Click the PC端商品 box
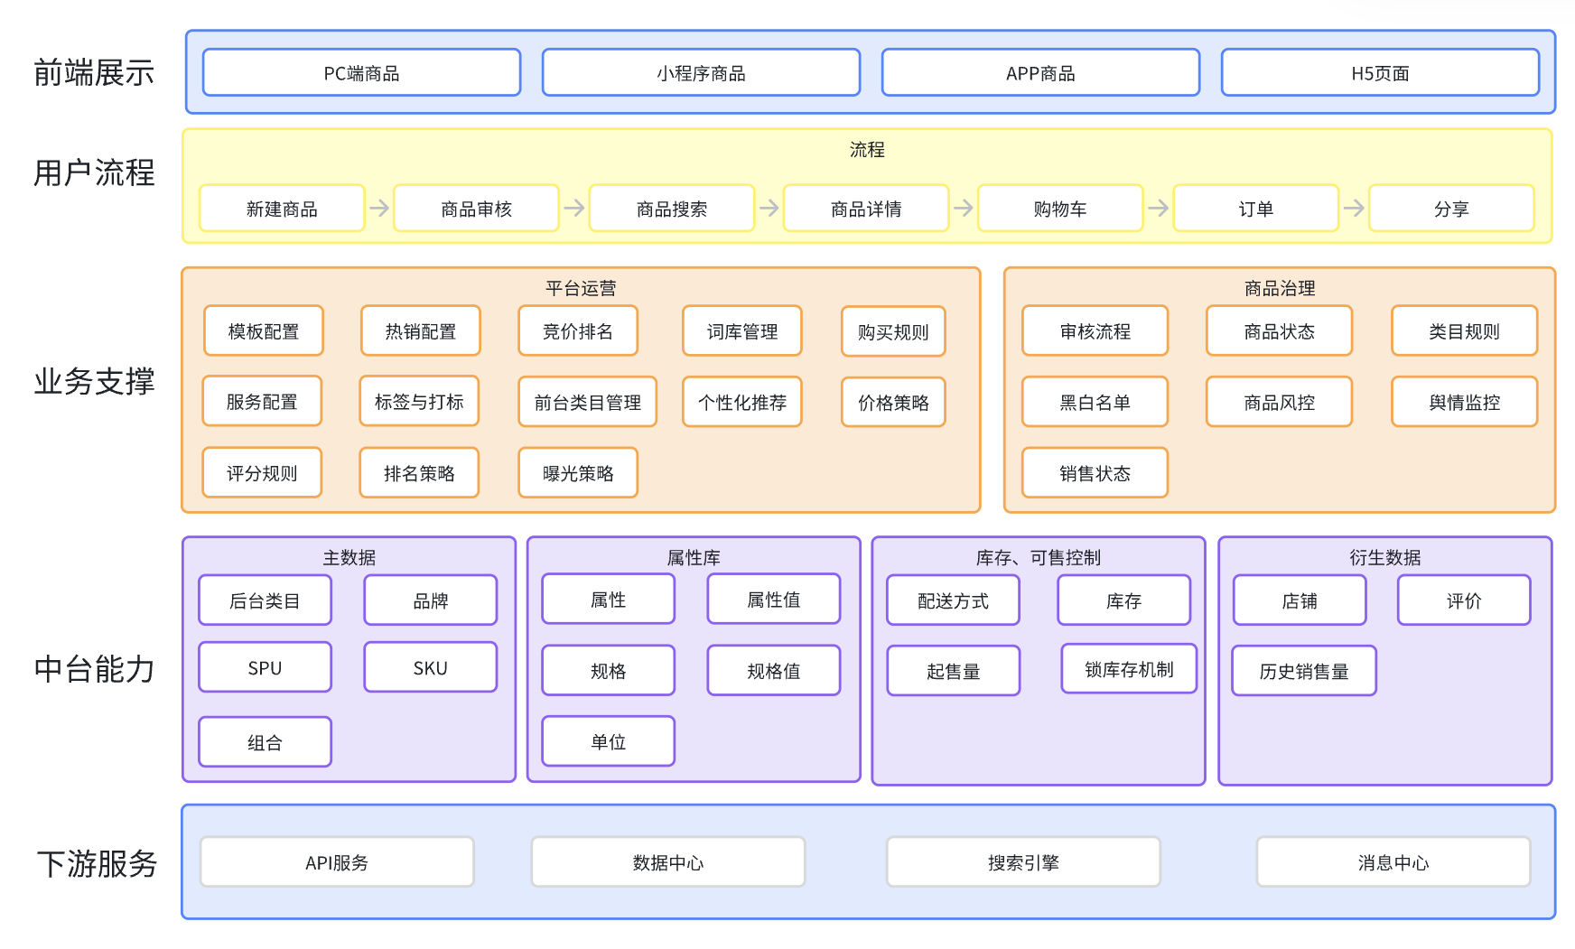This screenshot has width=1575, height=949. click(x=361, y=72)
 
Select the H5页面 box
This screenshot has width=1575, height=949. click(x=1380, y=72)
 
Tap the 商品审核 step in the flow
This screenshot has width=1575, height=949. click(x=476, y=209)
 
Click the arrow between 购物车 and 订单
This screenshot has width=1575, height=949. click(x=1158, y=209)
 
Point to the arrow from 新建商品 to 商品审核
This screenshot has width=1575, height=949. click(x=379, y=209)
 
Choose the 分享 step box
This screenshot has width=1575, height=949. click(x=1451, y=209)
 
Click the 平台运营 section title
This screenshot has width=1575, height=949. click(x=581, y=288)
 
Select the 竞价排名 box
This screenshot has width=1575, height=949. click(x=578, y=331)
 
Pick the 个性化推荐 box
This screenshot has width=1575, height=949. click(x=742, y=402)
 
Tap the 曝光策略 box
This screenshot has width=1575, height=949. click(x=578, y=473)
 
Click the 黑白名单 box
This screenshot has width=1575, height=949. click(x=1095, y=402)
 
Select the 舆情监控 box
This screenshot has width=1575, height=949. click(x=1464, y=402)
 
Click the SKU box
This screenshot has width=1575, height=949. click(x=430, y=668)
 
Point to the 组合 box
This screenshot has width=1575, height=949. click(x=265, y=742)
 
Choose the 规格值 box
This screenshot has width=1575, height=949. click(x=774, y=671)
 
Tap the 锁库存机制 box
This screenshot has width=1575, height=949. click(x=1129, y=669)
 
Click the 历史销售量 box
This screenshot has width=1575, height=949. click(x=1304, y=671)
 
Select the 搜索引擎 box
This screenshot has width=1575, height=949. click(x=1023, y=862)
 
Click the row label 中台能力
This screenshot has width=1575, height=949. click(x=94, y=669)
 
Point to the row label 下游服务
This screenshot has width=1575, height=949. click(x=97, y=863)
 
